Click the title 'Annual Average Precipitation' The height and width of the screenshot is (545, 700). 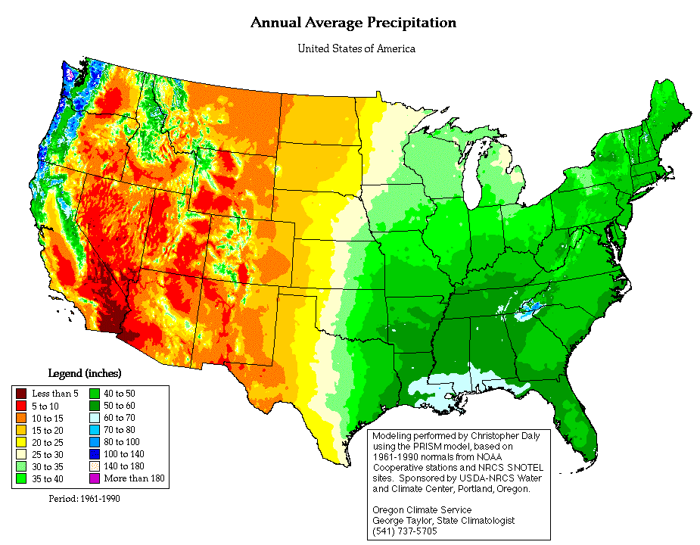coord(353,23)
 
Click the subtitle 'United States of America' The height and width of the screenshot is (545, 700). coord(356,48)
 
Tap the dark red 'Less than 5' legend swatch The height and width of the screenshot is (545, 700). coord(21,394)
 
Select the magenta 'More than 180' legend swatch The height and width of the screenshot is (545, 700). coord(94,478)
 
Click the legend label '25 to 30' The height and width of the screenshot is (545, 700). coord(48,455)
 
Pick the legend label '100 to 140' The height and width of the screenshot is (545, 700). coord(123,454)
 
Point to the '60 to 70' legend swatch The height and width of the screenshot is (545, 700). coord(94,418)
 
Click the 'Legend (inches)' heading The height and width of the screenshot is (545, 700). coord(85,373)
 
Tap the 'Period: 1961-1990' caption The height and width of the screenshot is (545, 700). coord(84,499)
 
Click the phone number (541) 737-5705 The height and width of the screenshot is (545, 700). coord(405,531)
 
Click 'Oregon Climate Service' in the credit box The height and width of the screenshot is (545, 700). coord(422,509)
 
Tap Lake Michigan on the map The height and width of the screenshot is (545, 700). coord(473,179)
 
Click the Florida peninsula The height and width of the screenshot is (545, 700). coord(577,420)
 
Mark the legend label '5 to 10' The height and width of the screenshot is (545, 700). coord(45,406)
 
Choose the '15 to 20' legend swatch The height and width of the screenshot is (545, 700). coord(21,430)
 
